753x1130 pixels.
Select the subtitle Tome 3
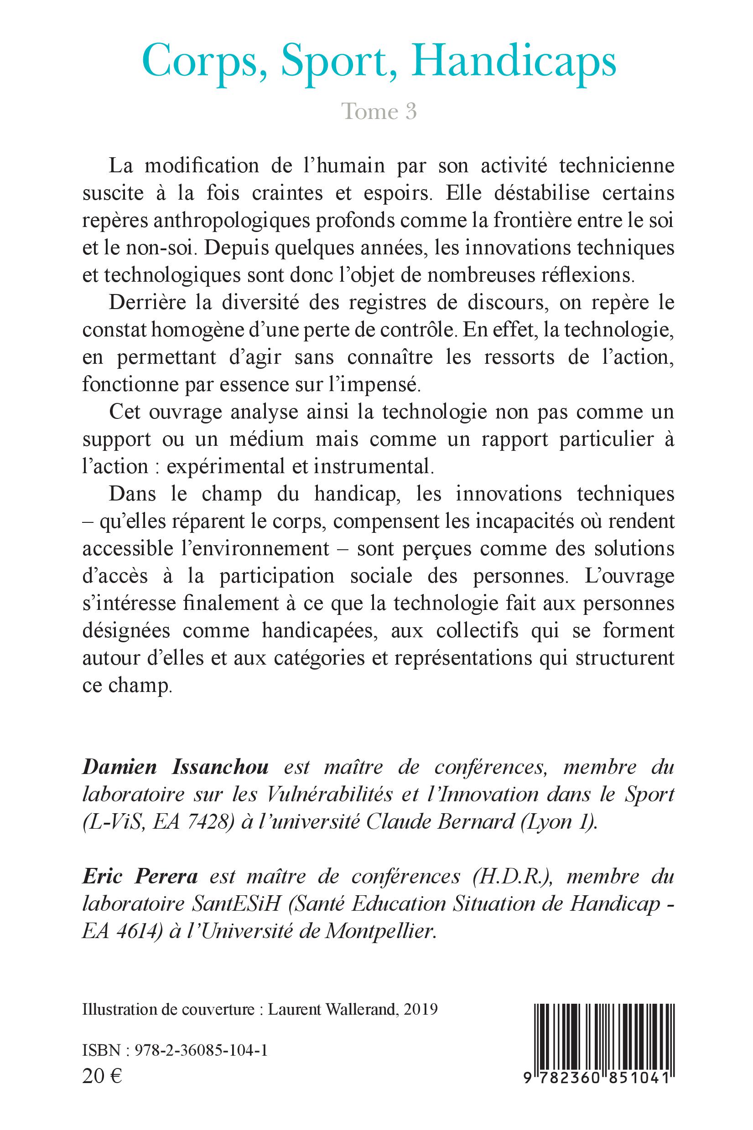click(379, 111)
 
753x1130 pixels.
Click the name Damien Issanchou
click(175, 767)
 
